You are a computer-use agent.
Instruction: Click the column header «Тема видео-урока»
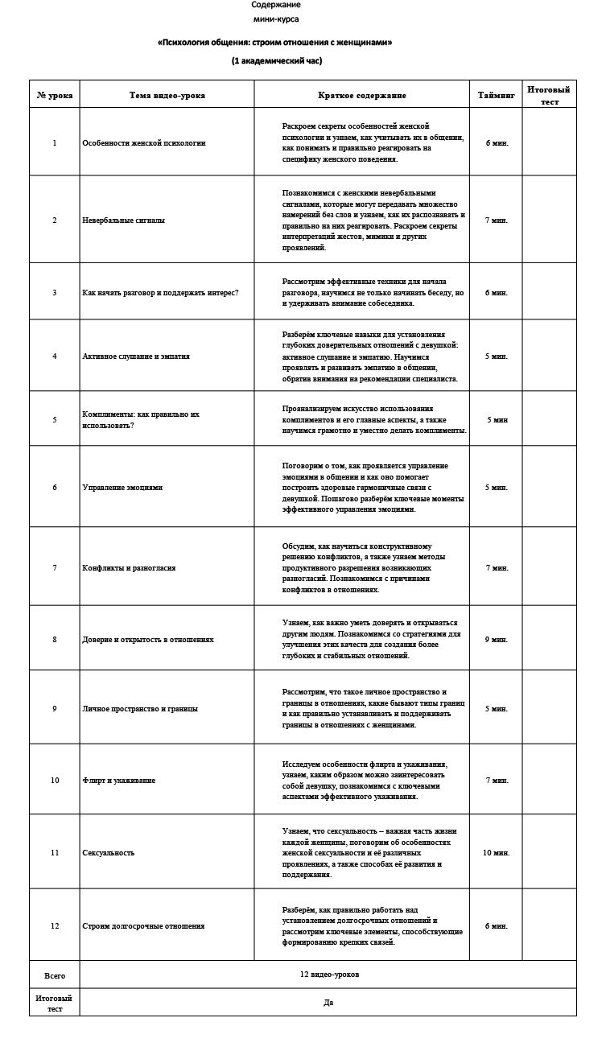tap(167, 95)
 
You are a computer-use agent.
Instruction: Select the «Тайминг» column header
tap(496, 95)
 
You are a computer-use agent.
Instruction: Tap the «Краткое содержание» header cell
tap(362, 95)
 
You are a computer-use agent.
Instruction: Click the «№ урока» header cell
tap(55, 95)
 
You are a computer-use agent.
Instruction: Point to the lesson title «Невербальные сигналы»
tap(124, 220)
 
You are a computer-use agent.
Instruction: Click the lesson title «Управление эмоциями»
tap(122, 487)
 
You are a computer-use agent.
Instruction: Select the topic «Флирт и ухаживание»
tap(119, 780)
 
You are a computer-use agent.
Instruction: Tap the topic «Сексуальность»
tap(109, 852)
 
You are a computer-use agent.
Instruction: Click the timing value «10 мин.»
tap(497, 852)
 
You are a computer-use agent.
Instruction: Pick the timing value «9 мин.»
tap(497, 639)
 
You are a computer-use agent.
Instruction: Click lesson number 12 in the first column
tap(55, 925)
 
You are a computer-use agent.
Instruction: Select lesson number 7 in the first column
tap(55, 567)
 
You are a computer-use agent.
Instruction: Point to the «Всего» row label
tap(55, 975)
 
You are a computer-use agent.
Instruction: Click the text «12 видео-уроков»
tap(329, 974)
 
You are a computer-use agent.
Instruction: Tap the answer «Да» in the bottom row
tap(328, 1003)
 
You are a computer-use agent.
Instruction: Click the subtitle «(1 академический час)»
tap(276, 61)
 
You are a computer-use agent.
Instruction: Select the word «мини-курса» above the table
tap(276, 19)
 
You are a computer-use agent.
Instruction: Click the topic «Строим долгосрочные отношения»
tap(143, 925)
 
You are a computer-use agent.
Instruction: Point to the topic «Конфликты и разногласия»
tap(129, 567)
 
